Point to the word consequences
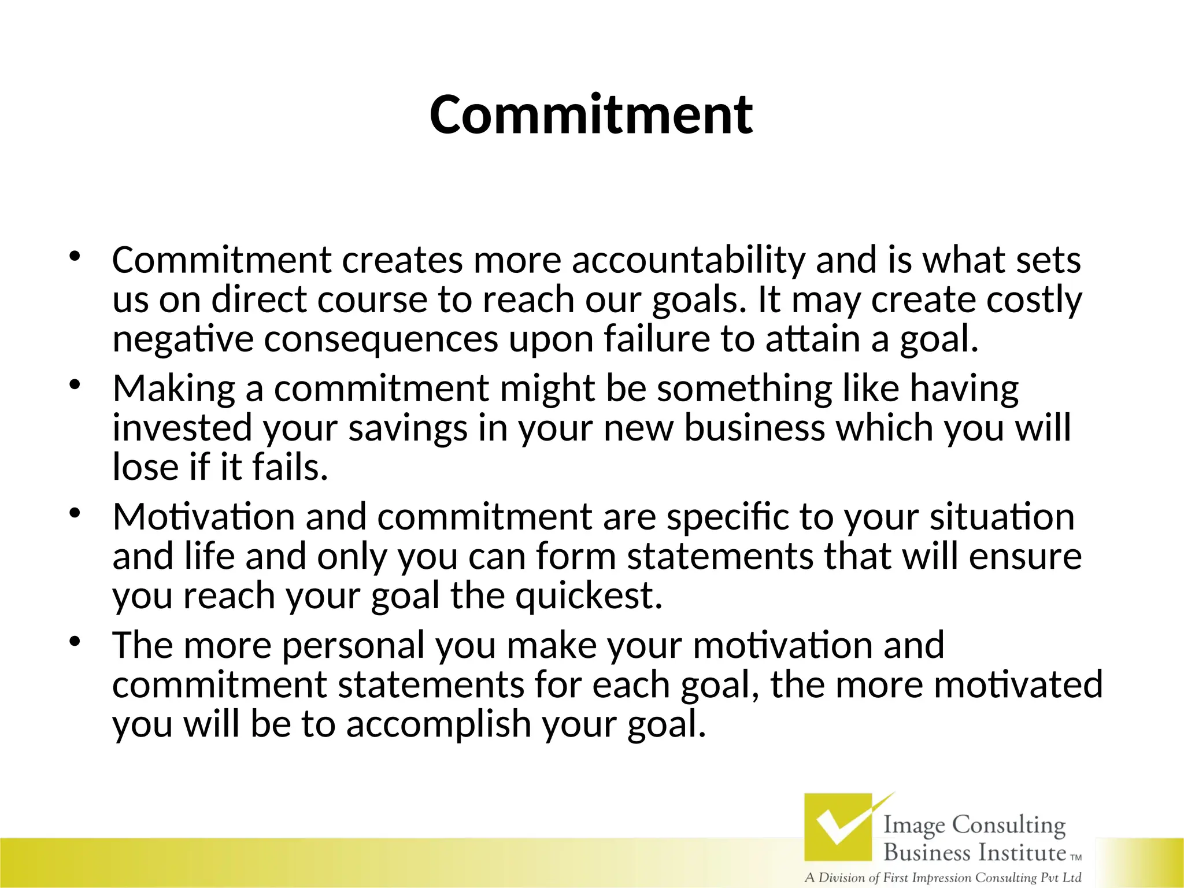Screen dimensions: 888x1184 pyautogui.click(x=380, y=339)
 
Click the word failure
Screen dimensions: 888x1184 pyautogui.click(x=657, y=339)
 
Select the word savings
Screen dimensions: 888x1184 pyautogui.click(x=408, y=428)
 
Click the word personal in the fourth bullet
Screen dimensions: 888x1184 pyautogui.click(x=353, y=645)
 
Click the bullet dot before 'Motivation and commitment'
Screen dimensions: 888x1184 pyautogui.click(x=74, y=513)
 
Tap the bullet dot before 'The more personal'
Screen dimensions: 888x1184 pyautogui.click(x=74, y=641)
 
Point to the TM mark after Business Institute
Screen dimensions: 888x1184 pyautogui.click(x=1075, y=857)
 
